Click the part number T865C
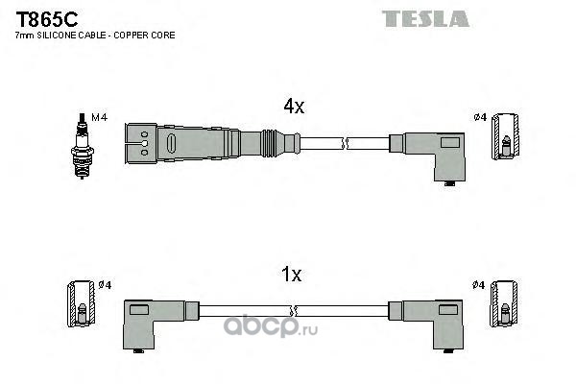point(47,19)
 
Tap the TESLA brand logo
point(425,19)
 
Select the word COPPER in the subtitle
point(130,36)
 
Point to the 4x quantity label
point(294,107)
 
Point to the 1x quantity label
point(291,275)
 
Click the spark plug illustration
point(82,146)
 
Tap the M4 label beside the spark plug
point(99,117)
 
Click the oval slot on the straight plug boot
point(171,143)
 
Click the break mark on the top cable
point(345,143)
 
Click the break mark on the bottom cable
point(293,311)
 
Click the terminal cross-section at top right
point(506,136)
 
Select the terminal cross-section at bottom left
point(81,304)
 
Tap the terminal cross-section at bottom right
point(504,304)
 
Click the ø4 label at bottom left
point(105,285)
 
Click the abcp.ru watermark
point(271,326)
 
